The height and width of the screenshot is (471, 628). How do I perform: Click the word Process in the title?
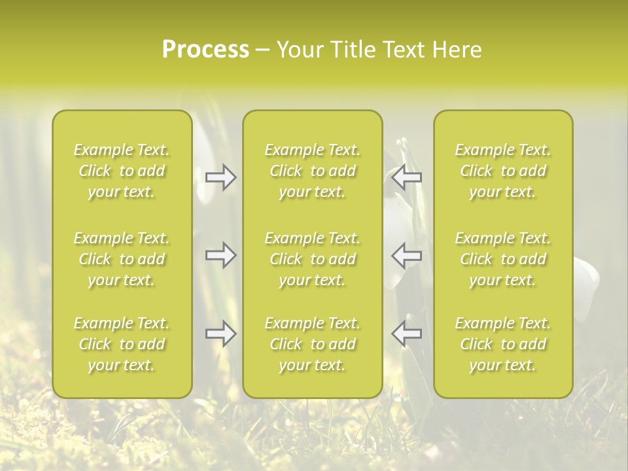tap(205, 50)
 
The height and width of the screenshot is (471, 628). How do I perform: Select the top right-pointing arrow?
tap(221, 177)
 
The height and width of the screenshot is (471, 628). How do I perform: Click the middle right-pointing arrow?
tap(221, 255)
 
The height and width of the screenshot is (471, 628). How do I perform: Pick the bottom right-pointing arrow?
tap(221, 334)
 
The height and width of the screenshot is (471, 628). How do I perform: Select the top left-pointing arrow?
tap(406, 177)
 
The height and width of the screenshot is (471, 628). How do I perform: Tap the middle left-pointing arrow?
tap(406, 255)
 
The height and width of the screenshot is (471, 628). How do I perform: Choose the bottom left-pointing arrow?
tap(406, 334)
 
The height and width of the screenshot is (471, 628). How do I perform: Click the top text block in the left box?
tap(122, 171)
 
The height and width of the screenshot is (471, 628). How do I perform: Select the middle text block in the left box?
tap(122, 259)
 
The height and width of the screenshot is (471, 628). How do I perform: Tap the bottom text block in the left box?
tap(122, 344)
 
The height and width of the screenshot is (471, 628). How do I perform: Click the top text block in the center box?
tap(313, 171)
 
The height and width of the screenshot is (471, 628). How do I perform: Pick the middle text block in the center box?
tap(313, 259)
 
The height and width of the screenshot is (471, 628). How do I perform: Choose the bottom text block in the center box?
tap(313, 344)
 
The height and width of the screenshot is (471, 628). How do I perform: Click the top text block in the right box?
tap(503, 171)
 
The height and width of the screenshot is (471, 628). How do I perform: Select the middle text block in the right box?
tap(503, 259)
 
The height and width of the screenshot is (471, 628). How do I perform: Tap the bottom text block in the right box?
tap(503, 344)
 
